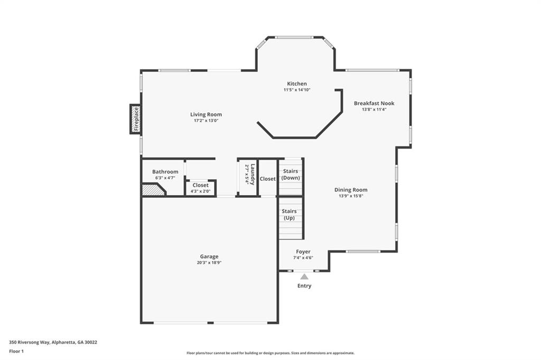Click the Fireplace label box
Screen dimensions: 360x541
136,119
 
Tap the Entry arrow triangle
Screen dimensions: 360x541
304,276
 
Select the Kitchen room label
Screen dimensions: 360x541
296,84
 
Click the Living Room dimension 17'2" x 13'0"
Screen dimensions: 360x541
206,121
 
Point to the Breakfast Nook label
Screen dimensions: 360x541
374,103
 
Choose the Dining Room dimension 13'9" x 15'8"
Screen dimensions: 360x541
351,196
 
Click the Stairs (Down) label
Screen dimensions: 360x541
291,174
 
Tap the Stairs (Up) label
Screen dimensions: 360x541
289,214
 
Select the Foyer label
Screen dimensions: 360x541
303,252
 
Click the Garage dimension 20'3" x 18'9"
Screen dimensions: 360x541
209,262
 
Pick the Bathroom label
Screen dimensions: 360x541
165,172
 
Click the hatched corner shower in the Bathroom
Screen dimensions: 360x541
152,190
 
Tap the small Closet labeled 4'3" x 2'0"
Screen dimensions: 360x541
200,188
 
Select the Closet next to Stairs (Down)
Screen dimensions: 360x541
268,179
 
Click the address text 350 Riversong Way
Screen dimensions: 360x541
53,342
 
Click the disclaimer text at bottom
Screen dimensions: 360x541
270,353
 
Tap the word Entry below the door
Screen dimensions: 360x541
304,286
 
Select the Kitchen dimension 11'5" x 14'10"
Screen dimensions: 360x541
296,90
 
